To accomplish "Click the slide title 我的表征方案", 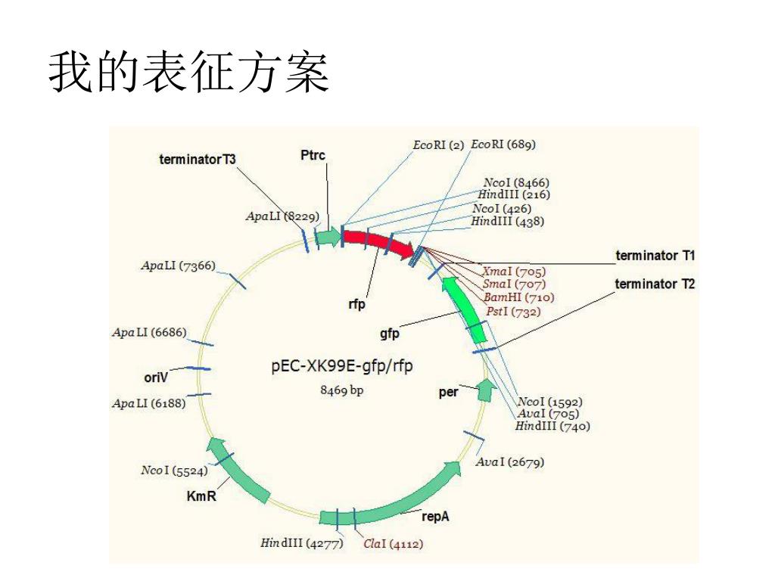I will [189, 73].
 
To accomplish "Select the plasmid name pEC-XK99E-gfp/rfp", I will [342, 368].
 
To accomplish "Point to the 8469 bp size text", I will [342, 390].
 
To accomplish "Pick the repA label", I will [436, 516].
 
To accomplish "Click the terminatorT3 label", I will [198, 160].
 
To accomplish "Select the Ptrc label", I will [313, 155].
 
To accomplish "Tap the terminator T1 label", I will [655, 256].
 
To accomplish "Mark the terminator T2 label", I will [655, 284].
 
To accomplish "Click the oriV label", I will [156, 377].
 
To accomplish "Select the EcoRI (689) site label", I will [504, 144].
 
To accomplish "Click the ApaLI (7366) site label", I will [178, 266].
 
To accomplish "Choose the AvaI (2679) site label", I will [509, 461].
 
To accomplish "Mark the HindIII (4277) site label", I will [302, 543].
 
